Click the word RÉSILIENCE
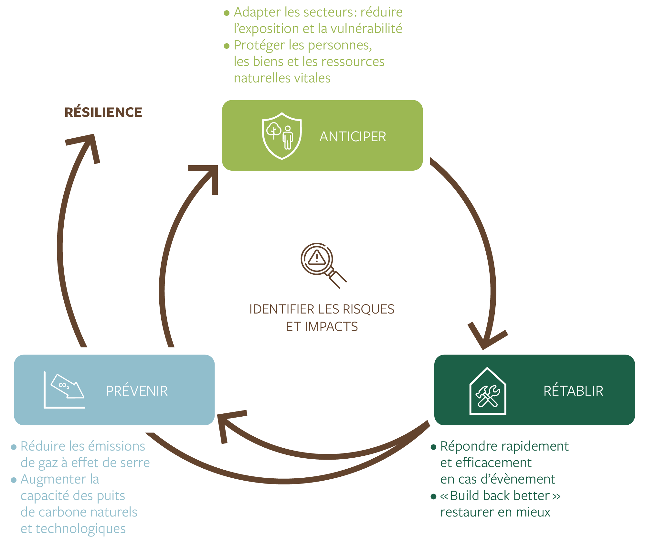103,112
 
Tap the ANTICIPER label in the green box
353,137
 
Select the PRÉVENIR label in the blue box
137,391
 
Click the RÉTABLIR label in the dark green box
573,391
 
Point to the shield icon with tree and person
282,136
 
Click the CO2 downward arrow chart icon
65,389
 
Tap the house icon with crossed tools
488,391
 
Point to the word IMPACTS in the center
331,327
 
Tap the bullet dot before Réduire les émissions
14,447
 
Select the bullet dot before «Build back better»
433,496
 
